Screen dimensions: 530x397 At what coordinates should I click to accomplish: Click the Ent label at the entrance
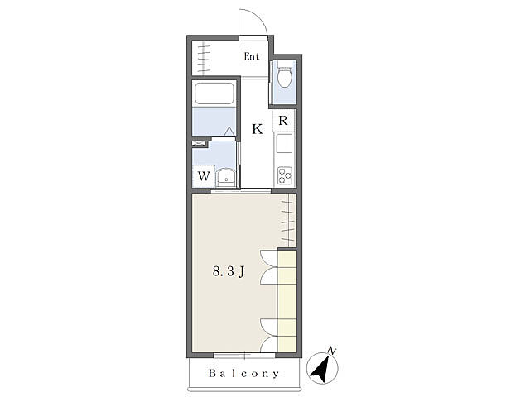(252, 56)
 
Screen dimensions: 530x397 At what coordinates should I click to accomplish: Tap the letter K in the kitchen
(258, 129)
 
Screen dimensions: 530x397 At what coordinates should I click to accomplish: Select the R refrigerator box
(283, 121)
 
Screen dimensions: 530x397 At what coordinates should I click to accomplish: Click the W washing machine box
(204, 176)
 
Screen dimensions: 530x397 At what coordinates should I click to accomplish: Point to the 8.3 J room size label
(229, 271)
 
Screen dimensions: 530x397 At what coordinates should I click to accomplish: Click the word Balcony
(244, 373)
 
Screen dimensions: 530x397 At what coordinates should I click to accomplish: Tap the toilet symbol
(284, 74)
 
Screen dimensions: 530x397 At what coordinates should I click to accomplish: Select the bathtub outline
(214, 93)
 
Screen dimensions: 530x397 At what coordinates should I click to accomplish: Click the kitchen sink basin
(284, 143)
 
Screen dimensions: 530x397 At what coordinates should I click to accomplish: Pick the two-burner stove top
(285, 175)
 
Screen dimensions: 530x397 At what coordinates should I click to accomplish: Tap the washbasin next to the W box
(226, 178)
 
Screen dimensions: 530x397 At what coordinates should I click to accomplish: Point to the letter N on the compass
(332, 351)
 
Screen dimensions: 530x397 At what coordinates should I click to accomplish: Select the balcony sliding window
(244, 355)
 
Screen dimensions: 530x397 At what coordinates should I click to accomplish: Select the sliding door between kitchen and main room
(241, 191)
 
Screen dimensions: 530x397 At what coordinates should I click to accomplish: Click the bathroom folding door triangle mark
(230, 132)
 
